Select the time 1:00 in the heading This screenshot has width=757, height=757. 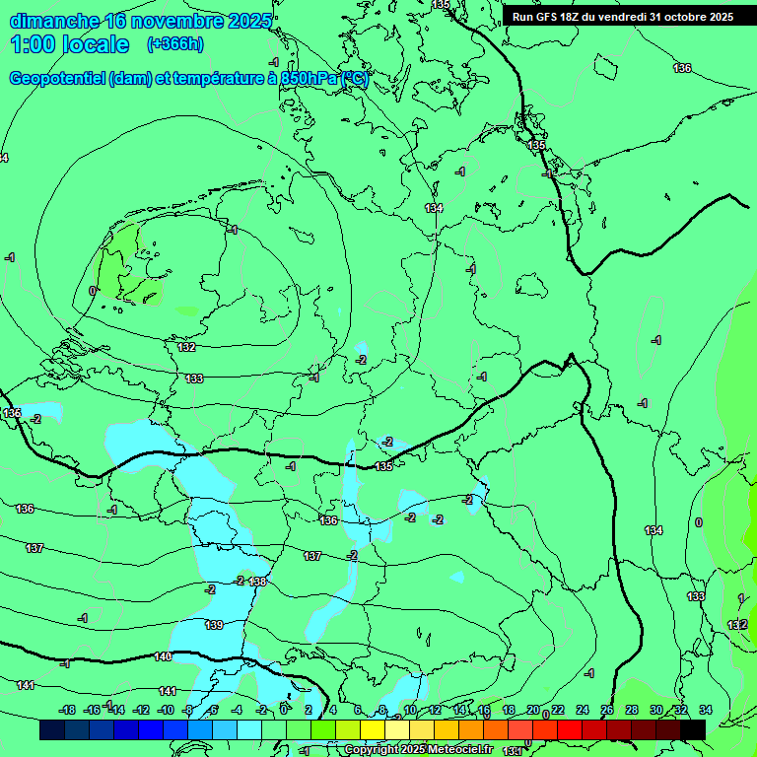tap(33, 44)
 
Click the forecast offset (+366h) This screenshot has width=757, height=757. tap(174, 44)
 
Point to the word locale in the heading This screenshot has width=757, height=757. tap(96, 44)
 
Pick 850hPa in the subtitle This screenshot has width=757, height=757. tap(309, 79)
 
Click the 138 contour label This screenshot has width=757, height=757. tap(258, 582)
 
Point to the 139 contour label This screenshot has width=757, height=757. tap(214, 625)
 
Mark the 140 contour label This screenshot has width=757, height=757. tap(163, 656)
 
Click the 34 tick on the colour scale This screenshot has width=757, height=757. tap(705, 710)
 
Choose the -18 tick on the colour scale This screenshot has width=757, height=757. tap(67, 710)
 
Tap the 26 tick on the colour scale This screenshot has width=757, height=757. tap(607, 710)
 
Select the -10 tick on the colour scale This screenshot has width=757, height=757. tap(166, 710)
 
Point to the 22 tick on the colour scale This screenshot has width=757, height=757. tap(558, 710)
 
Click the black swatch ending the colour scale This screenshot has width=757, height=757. tap(693, 729)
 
